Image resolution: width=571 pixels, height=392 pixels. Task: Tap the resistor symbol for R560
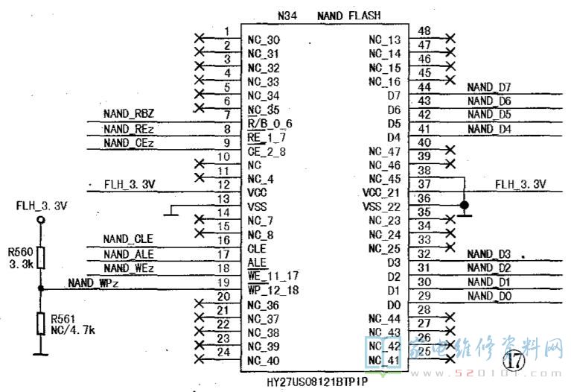click(x=41, y=258)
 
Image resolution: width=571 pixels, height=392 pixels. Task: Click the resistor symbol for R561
click(x=41, y=324)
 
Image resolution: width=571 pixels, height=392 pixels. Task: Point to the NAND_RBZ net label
click(x=129, y=114)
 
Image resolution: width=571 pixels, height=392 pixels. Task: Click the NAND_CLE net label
click(x=129, y=239)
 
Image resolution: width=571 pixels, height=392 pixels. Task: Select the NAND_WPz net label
click(x=94, y=282)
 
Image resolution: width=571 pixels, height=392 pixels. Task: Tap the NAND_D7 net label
click(x=489, y=87)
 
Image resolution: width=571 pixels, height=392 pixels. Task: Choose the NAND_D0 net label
click(x=489, y=296)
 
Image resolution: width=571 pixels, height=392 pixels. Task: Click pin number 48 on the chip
click(x=424, y=31)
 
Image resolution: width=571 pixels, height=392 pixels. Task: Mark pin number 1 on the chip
click(x=226, y=31)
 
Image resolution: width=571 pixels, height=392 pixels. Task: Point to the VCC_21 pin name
click(x=384, y=192)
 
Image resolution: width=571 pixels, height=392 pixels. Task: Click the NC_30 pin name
click(x=264, y=39)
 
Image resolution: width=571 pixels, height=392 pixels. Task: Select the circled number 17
click(x=514, y=361)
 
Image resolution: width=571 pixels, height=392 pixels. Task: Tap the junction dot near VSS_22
click(x=464, y=205)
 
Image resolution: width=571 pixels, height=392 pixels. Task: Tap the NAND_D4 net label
click(x=489, y=129)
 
